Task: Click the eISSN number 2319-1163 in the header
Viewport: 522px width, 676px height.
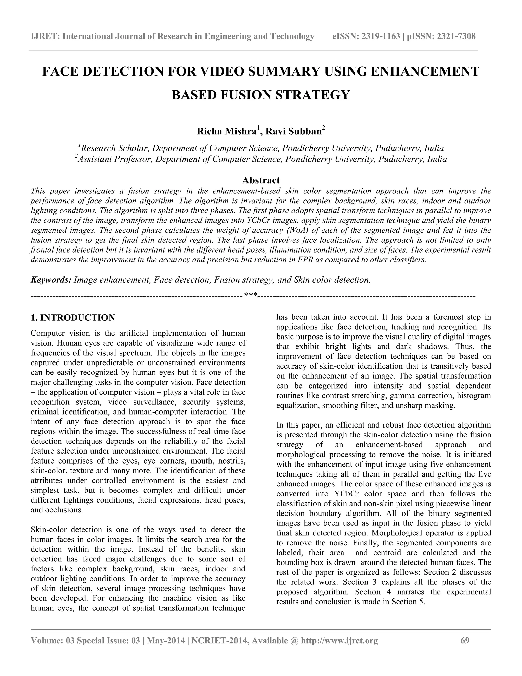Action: coord(380,36)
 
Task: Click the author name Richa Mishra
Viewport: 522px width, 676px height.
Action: coord(226,132)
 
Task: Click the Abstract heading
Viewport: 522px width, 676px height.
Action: coord(261,180)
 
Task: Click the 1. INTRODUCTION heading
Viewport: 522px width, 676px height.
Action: coord(73,318)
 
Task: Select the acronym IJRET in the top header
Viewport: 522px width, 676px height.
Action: coord(45,36)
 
